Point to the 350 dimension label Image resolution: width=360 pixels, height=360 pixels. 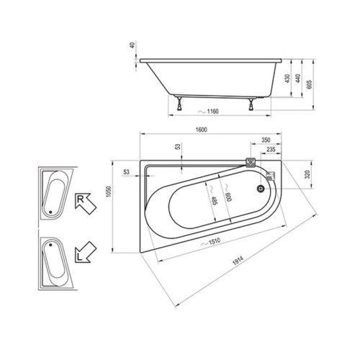[266, 140]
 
